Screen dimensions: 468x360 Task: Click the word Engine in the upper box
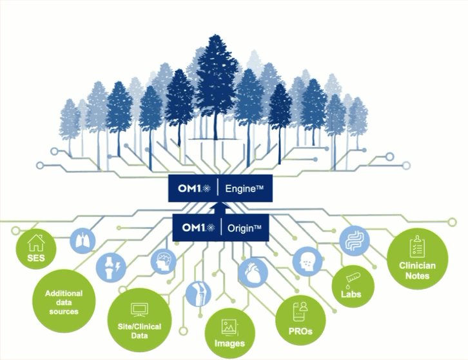tap(241, 189)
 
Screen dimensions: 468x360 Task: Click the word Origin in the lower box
tap(240, 228)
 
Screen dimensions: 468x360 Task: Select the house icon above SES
tap(36, 243)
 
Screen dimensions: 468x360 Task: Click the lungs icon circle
tap(83, 241)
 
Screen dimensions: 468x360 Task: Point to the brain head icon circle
tap(163, 261)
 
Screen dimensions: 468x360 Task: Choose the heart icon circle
tap(253, 273)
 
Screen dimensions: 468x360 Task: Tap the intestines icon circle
tap(355, 241)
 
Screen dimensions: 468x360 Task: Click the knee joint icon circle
tap(199, 294)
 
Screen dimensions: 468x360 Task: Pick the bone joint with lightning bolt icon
tap(111, 267)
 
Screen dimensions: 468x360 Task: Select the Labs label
tap(351, 294)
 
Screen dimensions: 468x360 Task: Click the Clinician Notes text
tap(417, 270)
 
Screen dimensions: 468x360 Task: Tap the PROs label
tap(300, 332)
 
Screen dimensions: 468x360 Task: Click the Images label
tap(229, 343)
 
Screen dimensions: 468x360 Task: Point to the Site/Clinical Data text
tap(139, 331)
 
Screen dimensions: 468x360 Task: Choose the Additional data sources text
tap(64, 303)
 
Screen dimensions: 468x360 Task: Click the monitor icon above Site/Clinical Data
tap(139, 310)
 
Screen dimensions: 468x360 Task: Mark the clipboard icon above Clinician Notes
tap(416, 246)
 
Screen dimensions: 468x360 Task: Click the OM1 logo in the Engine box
tap(194, 188)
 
